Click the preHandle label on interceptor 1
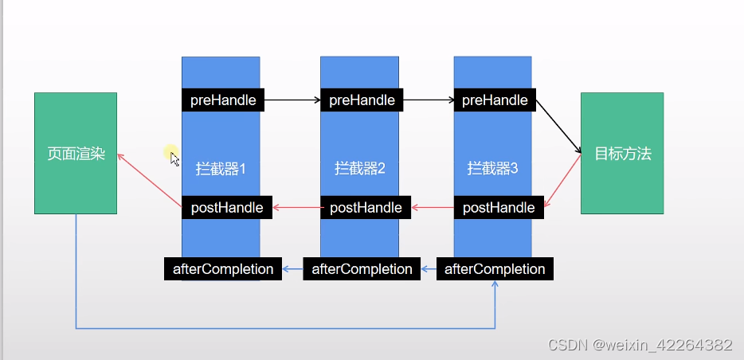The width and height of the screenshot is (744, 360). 223,100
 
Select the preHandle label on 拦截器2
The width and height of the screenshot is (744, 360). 362,100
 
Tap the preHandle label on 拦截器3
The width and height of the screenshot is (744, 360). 495,100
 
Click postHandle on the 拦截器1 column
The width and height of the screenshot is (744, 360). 227,208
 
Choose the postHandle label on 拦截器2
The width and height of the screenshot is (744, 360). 366,208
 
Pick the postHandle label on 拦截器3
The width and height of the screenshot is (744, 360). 499,208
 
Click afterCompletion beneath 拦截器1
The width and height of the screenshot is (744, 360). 223,269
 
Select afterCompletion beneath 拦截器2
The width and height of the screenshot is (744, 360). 362,269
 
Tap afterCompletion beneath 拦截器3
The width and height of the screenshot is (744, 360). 495,269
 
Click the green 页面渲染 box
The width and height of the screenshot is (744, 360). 76,154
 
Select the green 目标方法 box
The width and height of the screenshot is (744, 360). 622,154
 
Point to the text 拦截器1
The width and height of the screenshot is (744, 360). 221,169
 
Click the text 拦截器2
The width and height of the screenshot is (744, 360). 360,169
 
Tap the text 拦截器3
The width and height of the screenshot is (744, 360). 492,169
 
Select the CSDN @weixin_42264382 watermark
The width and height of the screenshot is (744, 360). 640,346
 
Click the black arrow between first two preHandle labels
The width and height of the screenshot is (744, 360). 292,100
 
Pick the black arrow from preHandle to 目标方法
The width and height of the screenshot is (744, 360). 558,127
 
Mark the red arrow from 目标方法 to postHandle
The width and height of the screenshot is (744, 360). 563,182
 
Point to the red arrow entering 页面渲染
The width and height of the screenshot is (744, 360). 150,180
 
